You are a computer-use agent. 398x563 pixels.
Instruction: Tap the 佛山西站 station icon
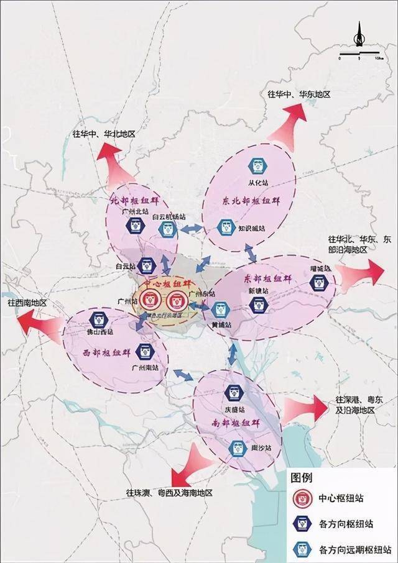[x=98, y=320]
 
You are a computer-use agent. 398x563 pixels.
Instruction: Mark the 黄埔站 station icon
[x=220, y=309]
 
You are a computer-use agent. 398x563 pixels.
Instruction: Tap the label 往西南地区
[x=32, y=303]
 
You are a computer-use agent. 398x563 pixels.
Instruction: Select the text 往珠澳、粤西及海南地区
[x=169, y=493]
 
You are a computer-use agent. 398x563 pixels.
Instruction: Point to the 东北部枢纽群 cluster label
[x=244, y=201]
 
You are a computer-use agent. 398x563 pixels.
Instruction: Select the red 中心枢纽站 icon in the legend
[x=303, y=498]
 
